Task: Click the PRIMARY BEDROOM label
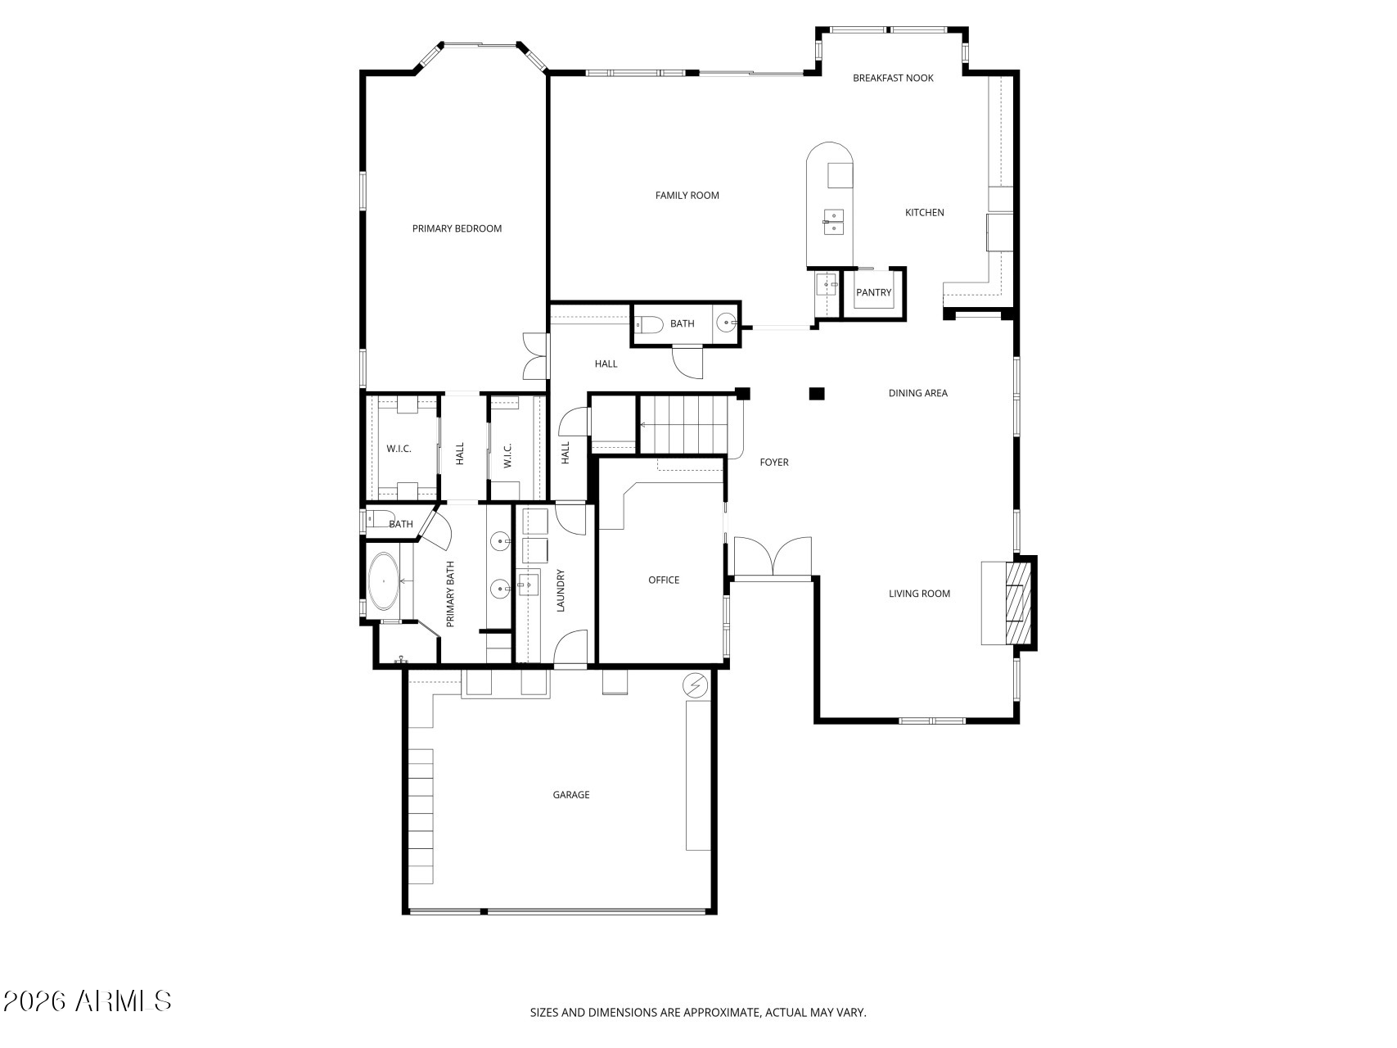(x=457, y=228)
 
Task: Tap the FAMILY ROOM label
(x=687, y=195)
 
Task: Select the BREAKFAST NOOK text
(x=893, y=78)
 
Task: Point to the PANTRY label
(x=873, y=292)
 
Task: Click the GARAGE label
(x=571, y=794)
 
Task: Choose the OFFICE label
(x=664, y=580)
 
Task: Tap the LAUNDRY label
(x=561, y=590)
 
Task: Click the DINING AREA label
(x=918, y=393)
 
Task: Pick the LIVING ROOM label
(x=920, y=594)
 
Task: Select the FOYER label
(x=774, y=462)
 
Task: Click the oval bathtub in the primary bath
(x=383, y=581)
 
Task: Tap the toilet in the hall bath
(x=650, y=325)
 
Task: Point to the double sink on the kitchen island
(x=833, y=221)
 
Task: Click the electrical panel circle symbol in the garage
(x=696, y=684)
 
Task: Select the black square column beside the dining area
(x=817, y=394)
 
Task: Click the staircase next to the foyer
(x=684, y=424)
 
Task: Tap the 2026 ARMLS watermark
(x=88, y=1001)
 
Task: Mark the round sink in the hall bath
(x=726, y=324)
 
